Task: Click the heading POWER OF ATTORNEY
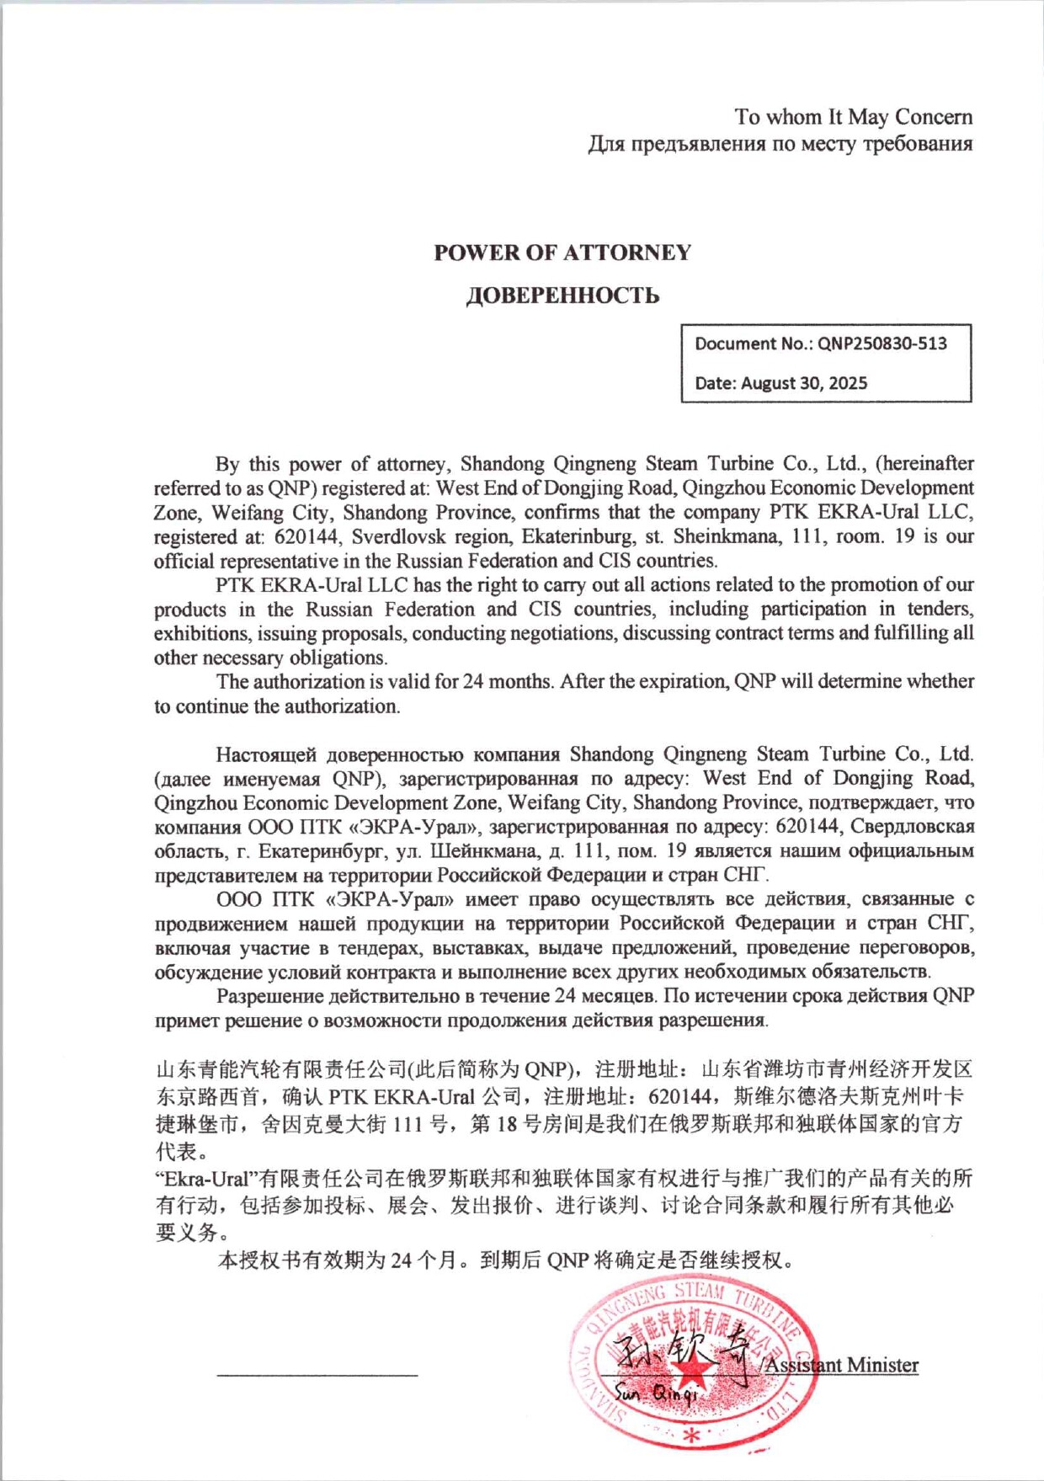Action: click(x=562, y=253)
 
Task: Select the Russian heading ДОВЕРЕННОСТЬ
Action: click(x=562, y=296)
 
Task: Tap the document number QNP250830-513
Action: click(x=882, y=344)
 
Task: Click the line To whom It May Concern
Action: click(x=853, y=116)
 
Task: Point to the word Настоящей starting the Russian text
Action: click(x=266, y=754)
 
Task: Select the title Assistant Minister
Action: click(x=841, y=1365)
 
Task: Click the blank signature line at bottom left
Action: click(x=317, y=1375)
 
